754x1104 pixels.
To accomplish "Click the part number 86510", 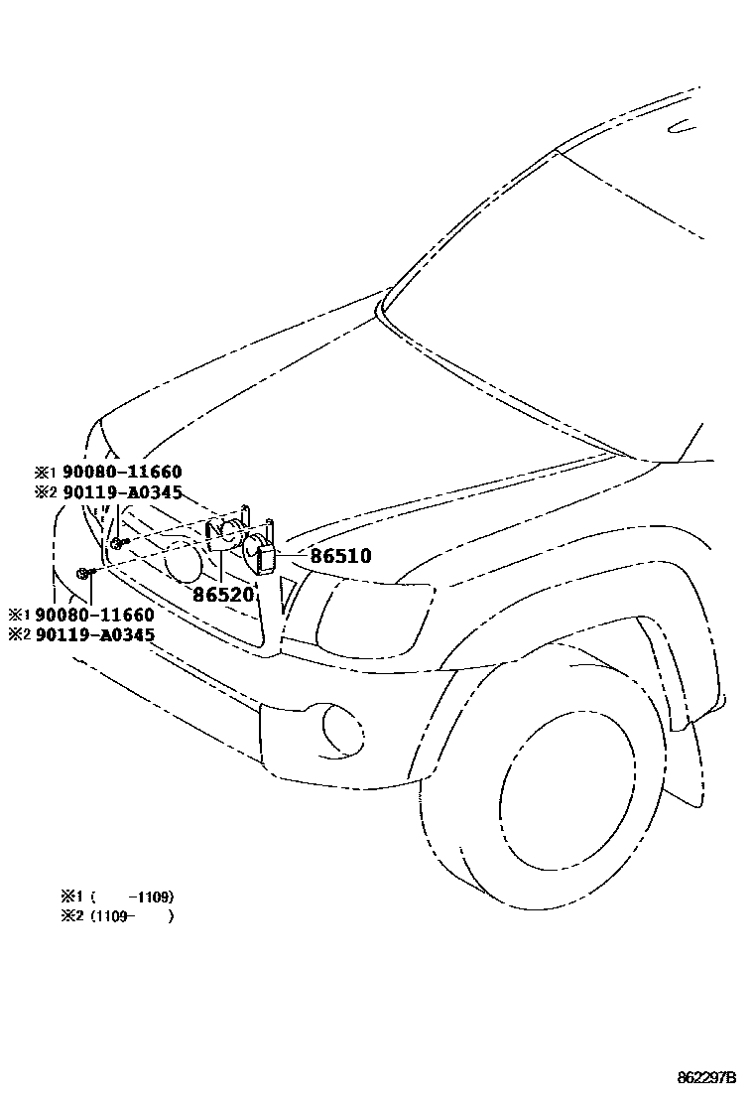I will tap(340, 556).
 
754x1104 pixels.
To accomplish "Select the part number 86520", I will tap(223, 595).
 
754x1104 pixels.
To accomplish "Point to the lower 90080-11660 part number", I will tap(94, 616).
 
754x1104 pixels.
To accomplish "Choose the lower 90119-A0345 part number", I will tap(94, 634).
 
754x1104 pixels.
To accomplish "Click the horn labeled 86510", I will tap(259, 552).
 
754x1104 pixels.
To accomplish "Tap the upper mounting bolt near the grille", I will tap(118, 542).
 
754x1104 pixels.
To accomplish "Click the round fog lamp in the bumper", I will tap(342, 728).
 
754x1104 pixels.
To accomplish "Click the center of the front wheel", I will tap(556, 794).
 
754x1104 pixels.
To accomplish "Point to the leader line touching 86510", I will tap(293, 555).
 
